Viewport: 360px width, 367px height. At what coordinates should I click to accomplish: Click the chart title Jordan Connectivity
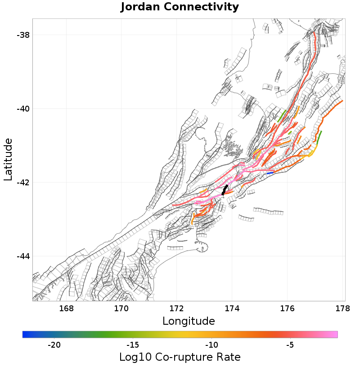pyautogui.click(x=180, y=7)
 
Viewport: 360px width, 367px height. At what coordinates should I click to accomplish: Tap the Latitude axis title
pyautogui.click(x=8, y=160)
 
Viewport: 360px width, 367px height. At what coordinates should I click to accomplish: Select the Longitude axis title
pyautogui.click(x=189, y=321)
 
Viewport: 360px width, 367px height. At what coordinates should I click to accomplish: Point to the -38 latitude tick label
pyautogui.click(x=21, y=35)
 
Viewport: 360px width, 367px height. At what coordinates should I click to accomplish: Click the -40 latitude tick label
pyautogui.click(x=21, y=109)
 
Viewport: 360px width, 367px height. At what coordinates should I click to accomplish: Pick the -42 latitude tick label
pyautogui.click(x=21, y=183)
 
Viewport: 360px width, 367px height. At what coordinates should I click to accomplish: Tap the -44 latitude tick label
pyautogui.click(x=21, y=256)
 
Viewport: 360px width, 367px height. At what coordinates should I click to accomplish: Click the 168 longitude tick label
pyautogui.click(x=66, y=309)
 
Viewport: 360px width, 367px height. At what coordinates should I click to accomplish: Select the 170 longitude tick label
pyautogui.click(x=121, y=309)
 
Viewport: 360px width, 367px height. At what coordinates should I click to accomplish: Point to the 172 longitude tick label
pyautogui.click(x=177, y=309)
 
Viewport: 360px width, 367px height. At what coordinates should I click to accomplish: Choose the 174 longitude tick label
pyautogui.click(x=232, y=309)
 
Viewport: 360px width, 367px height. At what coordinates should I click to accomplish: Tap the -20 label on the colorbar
pyautogui.click(x=54, y=345)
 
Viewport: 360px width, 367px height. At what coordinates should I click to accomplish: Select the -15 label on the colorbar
pyautogui.click(x=133, y=345)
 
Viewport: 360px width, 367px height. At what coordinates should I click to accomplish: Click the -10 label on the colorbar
pyautogui.click(x=211, y=345)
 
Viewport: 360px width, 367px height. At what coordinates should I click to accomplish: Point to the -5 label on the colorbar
pyautogui.click(x=290, y=345)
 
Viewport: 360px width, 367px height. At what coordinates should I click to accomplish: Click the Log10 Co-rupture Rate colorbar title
pyautogui.click(x=180, y=357)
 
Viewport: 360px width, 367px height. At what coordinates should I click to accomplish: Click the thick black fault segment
pyautogui.click(x=225, y=189)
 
